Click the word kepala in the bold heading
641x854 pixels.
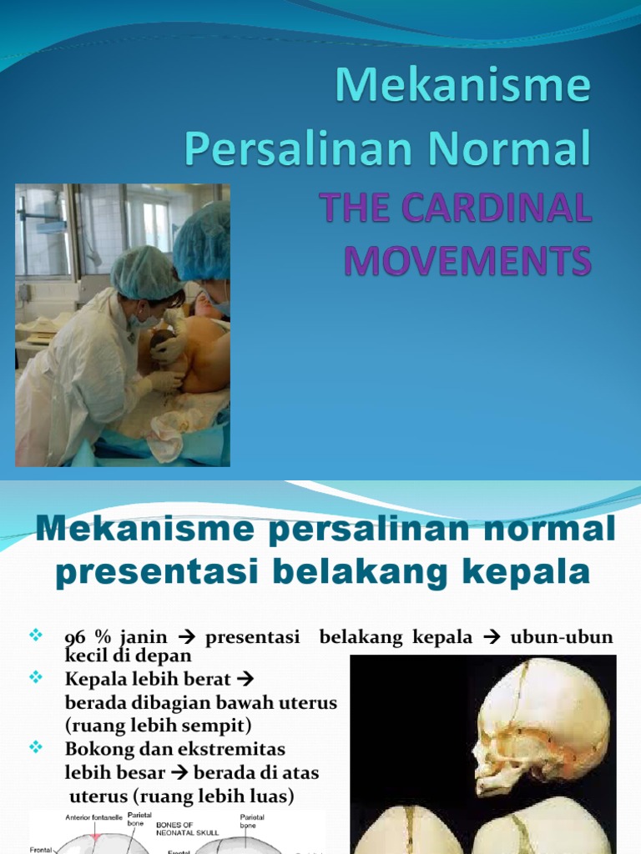pos(522,573)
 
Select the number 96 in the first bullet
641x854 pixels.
pos(75,638)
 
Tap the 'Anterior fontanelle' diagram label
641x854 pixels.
pos(93,818)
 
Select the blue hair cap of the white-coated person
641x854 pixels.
pos(147,271)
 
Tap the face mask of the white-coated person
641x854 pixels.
pos(140,319)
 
